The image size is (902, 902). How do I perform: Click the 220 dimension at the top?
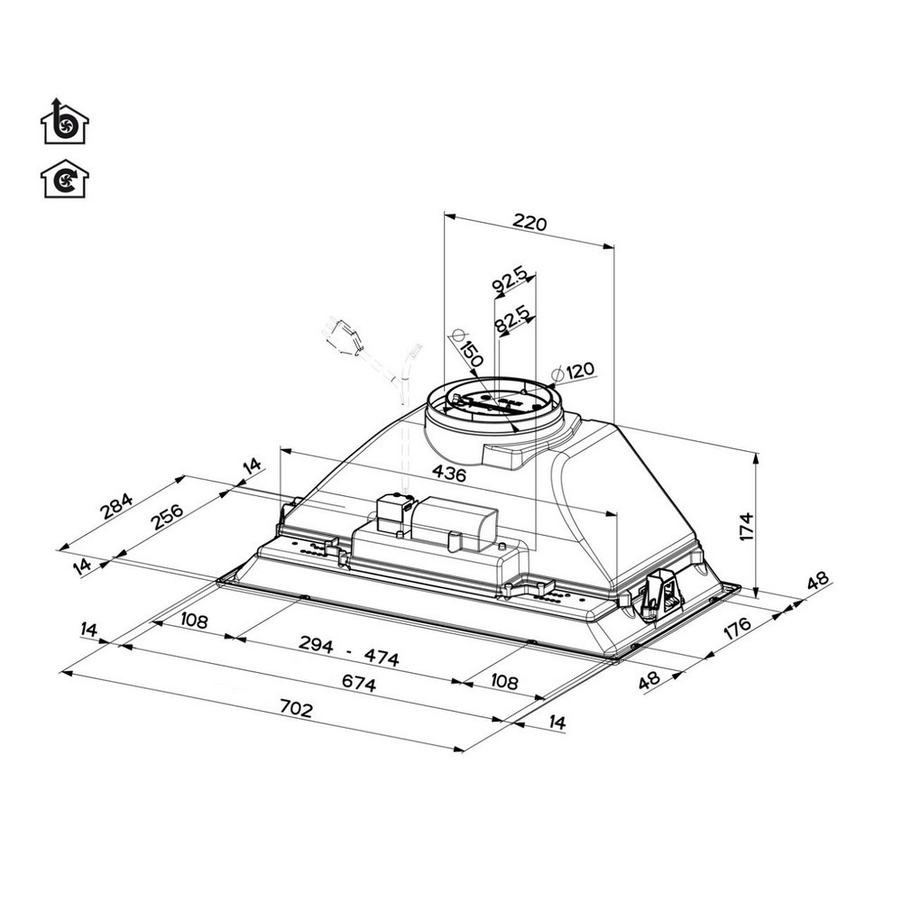tap(529, 223)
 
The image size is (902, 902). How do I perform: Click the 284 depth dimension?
tap(115, 508)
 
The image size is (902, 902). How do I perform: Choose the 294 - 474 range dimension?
tap(349, 652)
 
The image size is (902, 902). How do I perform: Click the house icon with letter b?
tap(65, 123)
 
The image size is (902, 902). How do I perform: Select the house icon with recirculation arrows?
tap(65, 179)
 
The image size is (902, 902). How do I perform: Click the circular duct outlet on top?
tap(495, 406)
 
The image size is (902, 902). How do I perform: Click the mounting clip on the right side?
tap(661, 596)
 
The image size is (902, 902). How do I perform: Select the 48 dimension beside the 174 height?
tap(817, 584)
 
